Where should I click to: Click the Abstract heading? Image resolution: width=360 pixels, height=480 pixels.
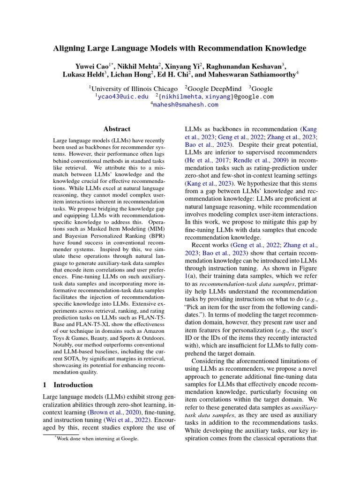point(117,129)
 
